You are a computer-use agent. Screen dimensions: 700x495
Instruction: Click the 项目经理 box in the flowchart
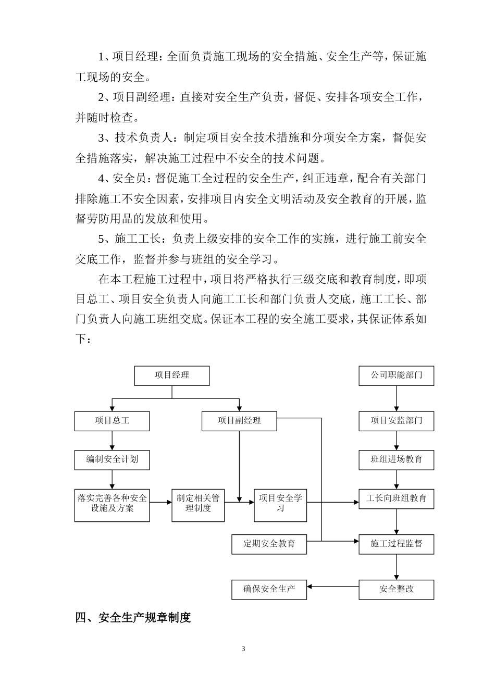click(172, 376)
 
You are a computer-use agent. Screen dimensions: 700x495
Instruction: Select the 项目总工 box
click(112, 421)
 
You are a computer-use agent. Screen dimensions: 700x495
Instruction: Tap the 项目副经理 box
click(239, 421)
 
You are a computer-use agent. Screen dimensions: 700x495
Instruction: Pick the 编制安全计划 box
click(112, 460)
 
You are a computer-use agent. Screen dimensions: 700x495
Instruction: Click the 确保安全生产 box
click(269, 590)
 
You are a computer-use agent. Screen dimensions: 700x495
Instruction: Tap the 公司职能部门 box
click(396, 376)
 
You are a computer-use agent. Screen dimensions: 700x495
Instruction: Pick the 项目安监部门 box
click(396, 421)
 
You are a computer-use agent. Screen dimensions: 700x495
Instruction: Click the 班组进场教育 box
click(396, 460)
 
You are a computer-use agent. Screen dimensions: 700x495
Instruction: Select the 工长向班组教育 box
click(396, 499)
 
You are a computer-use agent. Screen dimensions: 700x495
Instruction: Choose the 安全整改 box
click(396, 590)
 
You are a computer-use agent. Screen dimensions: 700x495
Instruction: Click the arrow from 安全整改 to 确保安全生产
click(333, 587)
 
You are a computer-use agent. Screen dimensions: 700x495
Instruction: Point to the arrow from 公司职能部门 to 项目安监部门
click(397, 398)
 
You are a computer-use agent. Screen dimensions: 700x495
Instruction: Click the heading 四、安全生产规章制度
click(133, 618)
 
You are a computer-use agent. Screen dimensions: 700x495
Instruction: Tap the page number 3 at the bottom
click(243, 649)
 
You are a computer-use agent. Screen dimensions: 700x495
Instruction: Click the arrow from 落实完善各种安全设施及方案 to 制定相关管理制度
click(161, 502)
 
